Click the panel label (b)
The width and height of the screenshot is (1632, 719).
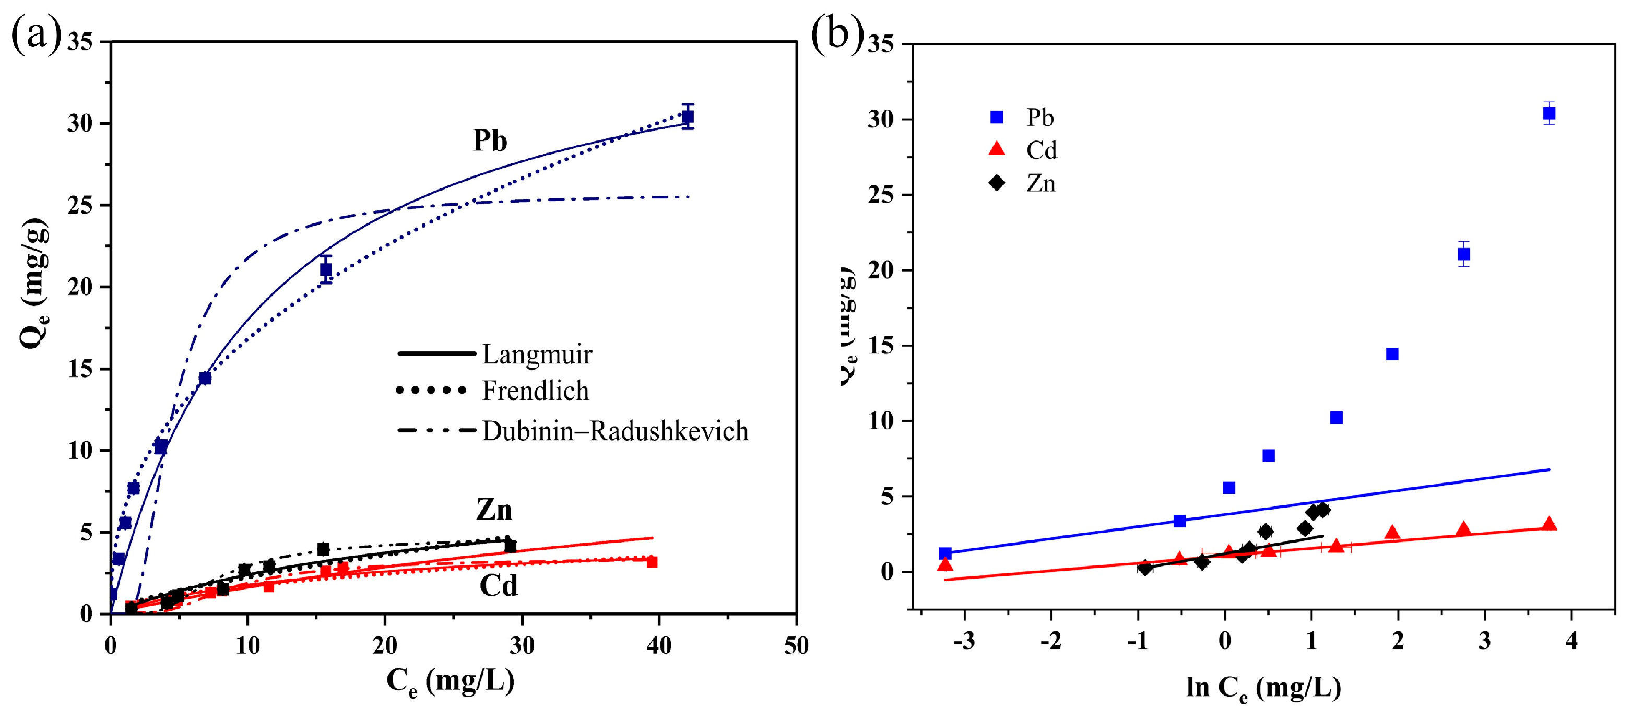pyautogui.click(x=837, y=33)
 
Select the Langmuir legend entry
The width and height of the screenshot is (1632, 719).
pyautogui.click(x=536, y=354)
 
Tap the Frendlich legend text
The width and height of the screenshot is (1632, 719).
pyautogui.click(x=535, y=391)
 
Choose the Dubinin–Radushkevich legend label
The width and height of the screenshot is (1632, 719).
pyautogui.click(x=614, y=431)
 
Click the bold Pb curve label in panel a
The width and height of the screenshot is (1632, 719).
pyautogui.click(x=490, y=140)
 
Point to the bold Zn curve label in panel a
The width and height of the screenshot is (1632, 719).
pyautogui.click(x=493, y=509)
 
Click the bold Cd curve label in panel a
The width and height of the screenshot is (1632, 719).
pyautogui.click(x=499, y=585)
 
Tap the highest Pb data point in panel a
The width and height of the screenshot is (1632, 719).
pyautogui.click(x=688, y=116)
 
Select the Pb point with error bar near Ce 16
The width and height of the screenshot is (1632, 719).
pyautogui.click(x=326, y=270)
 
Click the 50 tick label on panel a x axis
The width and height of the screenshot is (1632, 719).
pyautogui.click(x=796, y=645)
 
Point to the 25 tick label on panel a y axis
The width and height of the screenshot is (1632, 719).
pyautogui.click(x=80, y=205)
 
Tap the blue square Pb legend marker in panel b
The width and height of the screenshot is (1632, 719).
pyautogui.click(x=997, y=117)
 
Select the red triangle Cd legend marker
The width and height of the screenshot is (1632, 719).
pyautogui.click(x=997, y=149)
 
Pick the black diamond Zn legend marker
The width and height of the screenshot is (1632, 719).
pyautogui.click(x=997, y=183)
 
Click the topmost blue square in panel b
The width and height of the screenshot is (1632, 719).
pyautogui.click(x=1548, y=113)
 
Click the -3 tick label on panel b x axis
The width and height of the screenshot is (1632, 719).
pyautogui.click(x=964, y=641)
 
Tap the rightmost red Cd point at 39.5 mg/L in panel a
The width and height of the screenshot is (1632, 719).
pyautogui.click(x=651, y=562)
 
